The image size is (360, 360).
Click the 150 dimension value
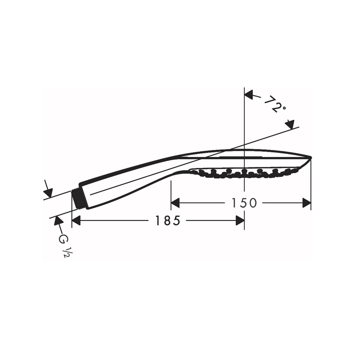(x=244, y=203)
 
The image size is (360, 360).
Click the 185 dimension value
(x=167, y=220)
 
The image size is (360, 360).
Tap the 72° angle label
(x=275, y=105)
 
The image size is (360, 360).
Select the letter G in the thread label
(x=63, y=239)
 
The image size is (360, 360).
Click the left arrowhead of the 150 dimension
(x=175, y=203)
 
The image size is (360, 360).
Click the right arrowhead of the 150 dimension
(x=307, y=203)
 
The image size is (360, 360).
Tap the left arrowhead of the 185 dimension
(x=76, y=220)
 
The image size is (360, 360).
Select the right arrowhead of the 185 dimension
(x=240, y=220)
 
